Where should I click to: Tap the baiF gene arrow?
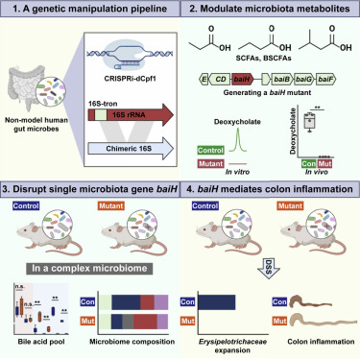tap(327, 85)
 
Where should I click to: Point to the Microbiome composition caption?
tap(132, 328)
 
